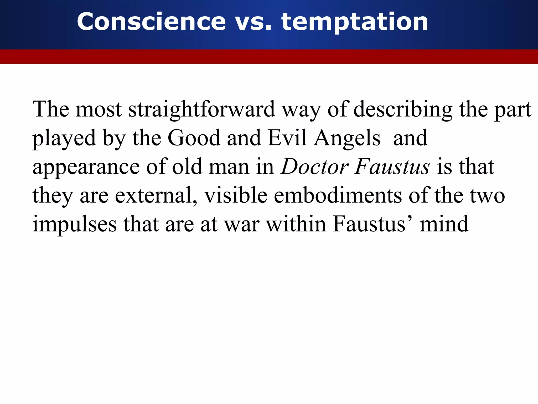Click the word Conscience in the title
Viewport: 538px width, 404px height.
pos(151,22)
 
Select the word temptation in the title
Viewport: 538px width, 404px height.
pos(355,22)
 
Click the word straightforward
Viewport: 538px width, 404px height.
pos(201,109)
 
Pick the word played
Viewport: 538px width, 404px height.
pos(64,138)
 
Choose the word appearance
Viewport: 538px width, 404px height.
pos(86,167)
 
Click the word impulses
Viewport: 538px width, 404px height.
pos(75,225)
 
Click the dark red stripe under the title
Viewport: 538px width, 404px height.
pos(269,57)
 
